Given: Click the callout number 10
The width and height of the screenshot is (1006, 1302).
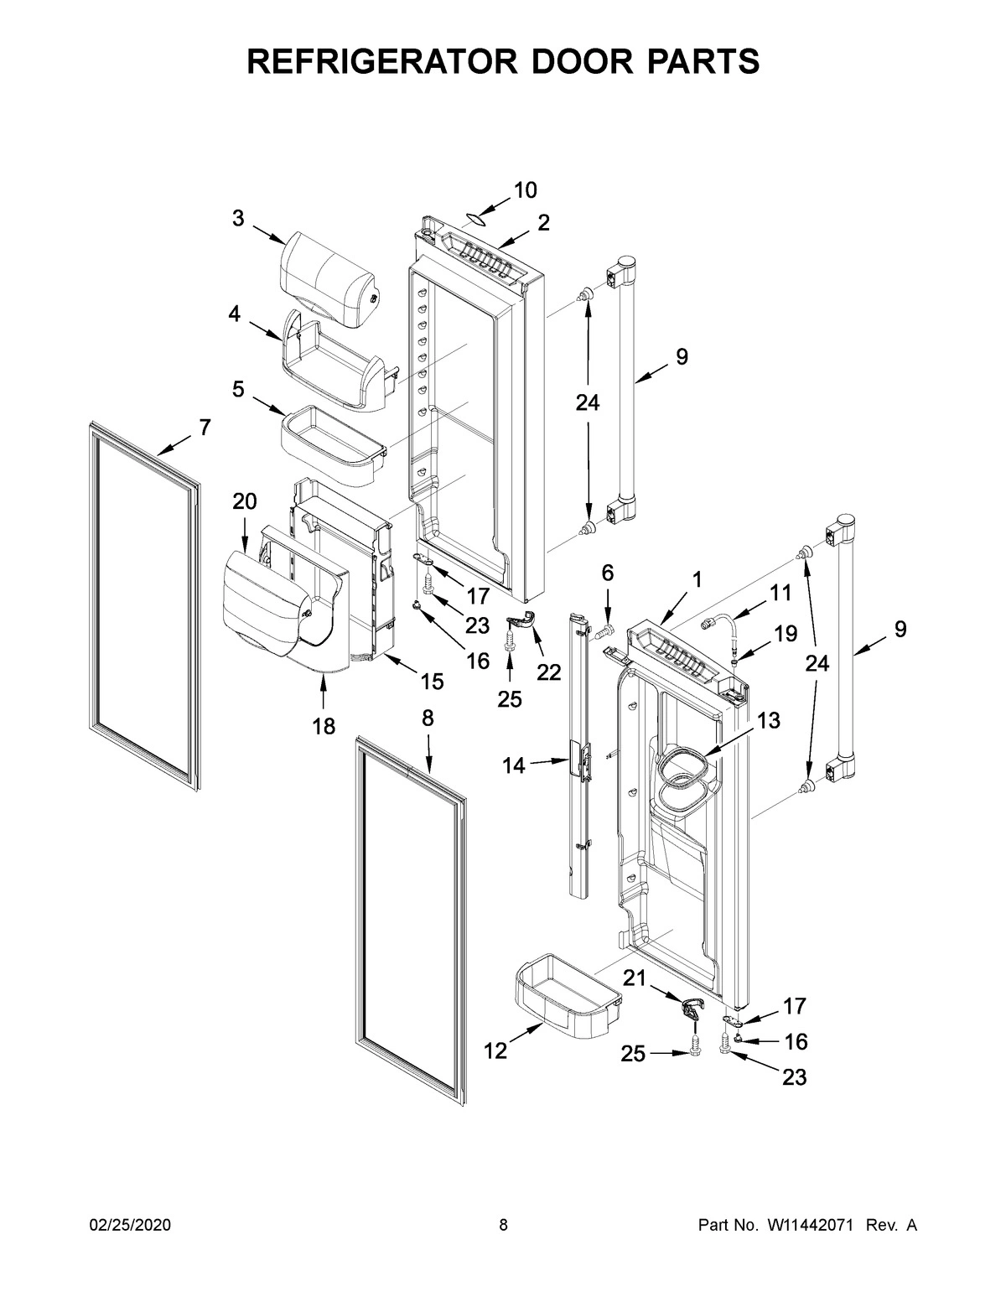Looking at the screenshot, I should click(525, 190).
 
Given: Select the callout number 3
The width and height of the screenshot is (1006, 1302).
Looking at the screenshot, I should click(238, 219).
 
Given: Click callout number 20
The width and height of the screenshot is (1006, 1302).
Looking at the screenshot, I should click(244, 501).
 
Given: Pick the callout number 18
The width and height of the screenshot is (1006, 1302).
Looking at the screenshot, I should click(324, 726).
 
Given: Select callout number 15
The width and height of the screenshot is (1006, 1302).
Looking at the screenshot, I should click(432, 682).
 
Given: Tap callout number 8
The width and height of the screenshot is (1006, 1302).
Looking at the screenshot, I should click(428, 718).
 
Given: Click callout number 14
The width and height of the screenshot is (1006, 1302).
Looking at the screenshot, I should click(515, 765).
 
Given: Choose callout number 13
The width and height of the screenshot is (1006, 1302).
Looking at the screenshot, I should click(768, 720).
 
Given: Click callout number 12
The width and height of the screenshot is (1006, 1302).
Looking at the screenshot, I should click(495, 1050).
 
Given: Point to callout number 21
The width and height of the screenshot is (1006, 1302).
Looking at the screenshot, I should click(635, 976).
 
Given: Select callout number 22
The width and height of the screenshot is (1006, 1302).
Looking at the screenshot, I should click(548, 672).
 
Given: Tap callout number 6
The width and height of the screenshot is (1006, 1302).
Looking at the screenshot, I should click(607, 573).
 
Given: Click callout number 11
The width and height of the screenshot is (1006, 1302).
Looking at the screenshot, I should click(780, 593).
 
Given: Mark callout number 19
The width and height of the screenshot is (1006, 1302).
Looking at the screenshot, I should click(786, 634).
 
